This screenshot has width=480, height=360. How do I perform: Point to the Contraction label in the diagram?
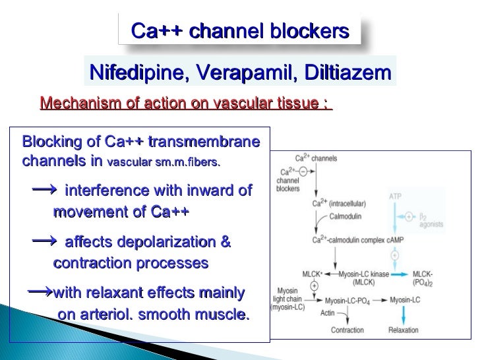[x=347, y=330]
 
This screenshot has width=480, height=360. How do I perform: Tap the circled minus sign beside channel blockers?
[x=303, y=171]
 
